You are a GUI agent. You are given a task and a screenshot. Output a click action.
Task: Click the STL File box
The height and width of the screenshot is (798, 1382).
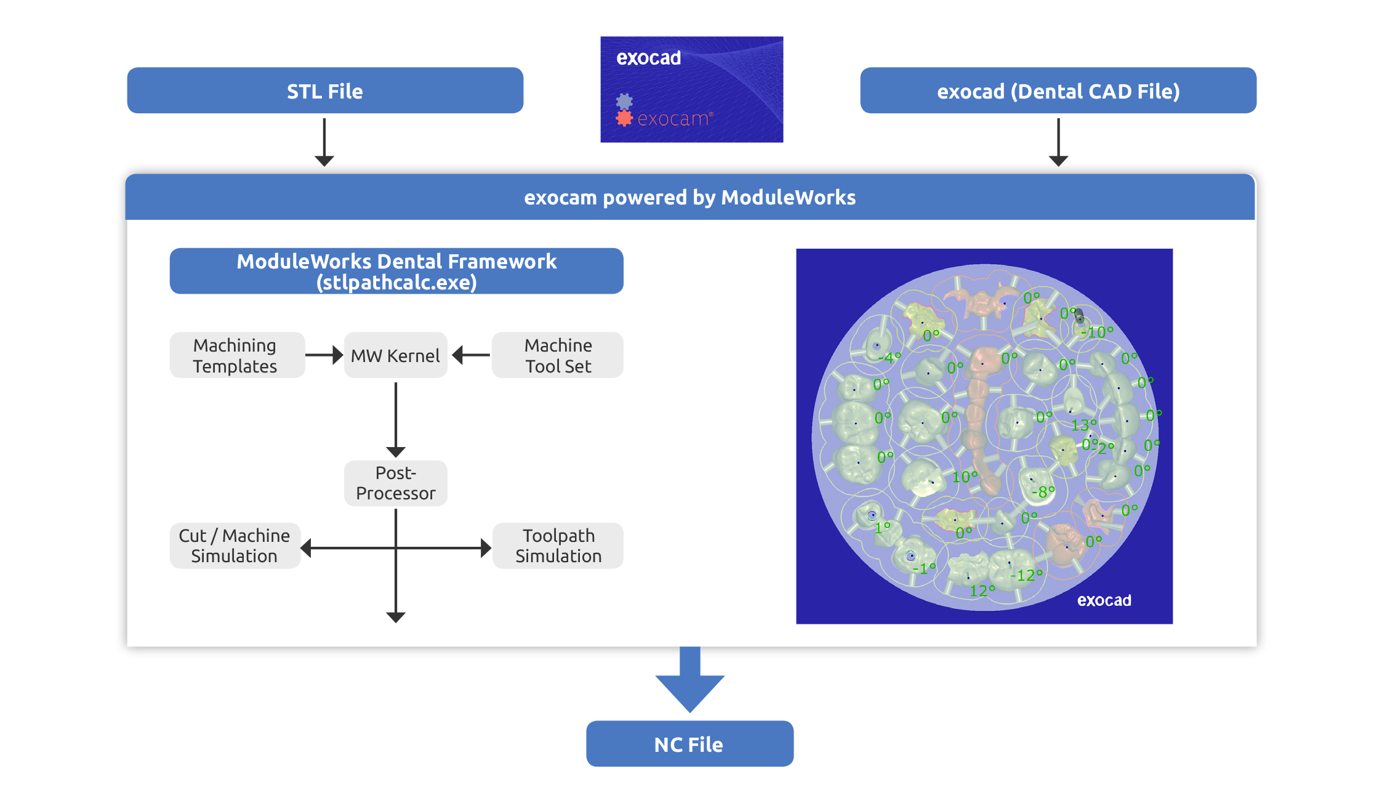pyautogui.click(x=325, y=91)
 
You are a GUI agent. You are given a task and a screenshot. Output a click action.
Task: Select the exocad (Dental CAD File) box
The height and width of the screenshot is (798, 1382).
pyautogui.click(x=1058, y=91)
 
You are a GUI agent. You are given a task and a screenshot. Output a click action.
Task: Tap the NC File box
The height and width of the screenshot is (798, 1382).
pyautogui.click(x=689, y=744)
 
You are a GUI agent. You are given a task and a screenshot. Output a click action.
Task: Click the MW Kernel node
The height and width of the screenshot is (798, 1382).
pyautogui.click(x=395, y=355)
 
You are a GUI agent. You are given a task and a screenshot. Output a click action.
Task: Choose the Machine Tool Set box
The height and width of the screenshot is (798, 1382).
pyautogui.click(x=558, y=355)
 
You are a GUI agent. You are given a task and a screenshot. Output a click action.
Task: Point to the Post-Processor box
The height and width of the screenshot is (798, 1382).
pyautogui.click(x=395, y=483)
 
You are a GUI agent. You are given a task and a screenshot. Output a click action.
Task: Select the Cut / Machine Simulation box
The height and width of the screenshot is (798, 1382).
pyautogui.click(x=235, y=546)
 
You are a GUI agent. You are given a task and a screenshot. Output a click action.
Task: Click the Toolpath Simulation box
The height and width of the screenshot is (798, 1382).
pyautogui.click(x=558, y=546)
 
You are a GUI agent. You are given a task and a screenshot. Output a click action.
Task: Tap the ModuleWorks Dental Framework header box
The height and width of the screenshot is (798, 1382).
pyautogui.click(x=396, y=271)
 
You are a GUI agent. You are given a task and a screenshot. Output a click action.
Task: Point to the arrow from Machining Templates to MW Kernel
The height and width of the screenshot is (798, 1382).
pyautogui.click(x=324, y=355)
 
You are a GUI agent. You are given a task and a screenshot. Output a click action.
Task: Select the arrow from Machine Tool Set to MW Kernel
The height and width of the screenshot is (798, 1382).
pyautogui.click(x=472, y=355)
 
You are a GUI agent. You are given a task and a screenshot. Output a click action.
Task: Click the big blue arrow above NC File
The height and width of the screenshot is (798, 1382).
pyautogui.click(x=689, y=680)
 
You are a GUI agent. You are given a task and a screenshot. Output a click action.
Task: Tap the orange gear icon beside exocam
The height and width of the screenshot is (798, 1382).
pyautogui.click(x=624, y=118)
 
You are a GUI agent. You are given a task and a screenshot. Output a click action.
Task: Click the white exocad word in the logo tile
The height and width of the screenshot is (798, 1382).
pyautogui.click(x=648, y=58)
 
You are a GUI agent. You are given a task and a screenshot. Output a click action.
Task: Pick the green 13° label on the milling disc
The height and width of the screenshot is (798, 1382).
pyautogui.click(x=1083, y=425)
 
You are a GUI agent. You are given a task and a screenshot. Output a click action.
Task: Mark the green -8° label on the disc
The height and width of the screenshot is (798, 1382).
pyautogui.click(x=1042, y=492)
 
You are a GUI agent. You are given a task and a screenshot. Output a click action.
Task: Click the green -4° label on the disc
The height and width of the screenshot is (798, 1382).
pyautogui.click(x=889, y=358)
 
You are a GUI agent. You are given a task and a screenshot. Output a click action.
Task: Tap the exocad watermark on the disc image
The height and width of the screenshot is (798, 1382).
pyautogui.click(x=1104, y=600)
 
